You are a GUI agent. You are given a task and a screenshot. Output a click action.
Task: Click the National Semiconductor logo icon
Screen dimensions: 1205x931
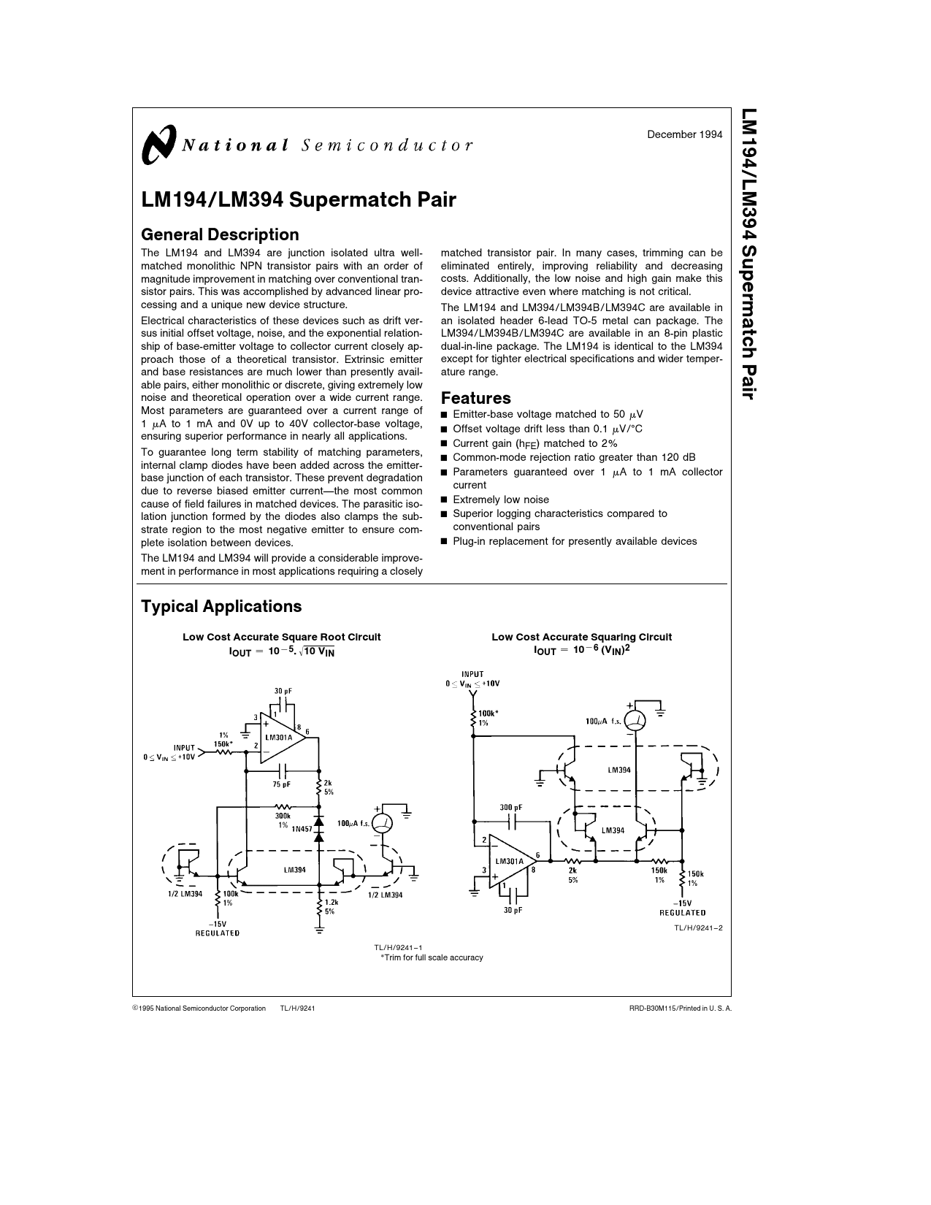click(x=158, y=143)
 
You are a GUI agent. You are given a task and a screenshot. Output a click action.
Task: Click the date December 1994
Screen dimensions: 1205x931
click(x=685, y=134)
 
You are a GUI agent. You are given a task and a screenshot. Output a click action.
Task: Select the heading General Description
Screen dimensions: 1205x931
click(x=220, y=234)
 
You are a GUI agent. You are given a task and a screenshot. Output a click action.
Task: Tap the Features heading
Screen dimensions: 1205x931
click(x=475, y=398)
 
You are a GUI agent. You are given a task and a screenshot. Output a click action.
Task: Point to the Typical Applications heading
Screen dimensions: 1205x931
click(x=221, y=606)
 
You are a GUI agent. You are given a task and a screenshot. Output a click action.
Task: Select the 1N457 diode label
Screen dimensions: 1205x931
click(x=302, y=830)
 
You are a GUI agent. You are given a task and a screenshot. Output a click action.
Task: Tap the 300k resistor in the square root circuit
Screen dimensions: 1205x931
click(x=283, y=808)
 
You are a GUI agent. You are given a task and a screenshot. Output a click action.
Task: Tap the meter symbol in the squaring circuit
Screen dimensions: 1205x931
click(x=635, y=720)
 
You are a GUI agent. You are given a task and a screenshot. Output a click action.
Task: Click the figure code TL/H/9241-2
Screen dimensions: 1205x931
click(x=698, y=927)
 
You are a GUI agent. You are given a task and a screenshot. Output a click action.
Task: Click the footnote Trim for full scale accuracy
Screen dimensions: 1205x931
click(x=432, y=957)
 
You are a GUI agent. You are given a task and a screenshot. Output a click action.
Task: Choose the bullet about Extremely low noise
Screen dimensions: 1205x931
click(x=501, y=500)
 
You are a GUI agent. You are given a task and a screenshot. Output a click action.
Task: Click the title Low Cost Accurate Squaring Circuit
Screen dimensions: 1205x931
click(x=581, y=637)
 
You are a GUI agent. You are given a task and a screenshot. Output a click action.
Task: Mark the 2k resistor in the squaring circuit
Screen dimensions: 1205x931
click(x=573, y=862)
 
